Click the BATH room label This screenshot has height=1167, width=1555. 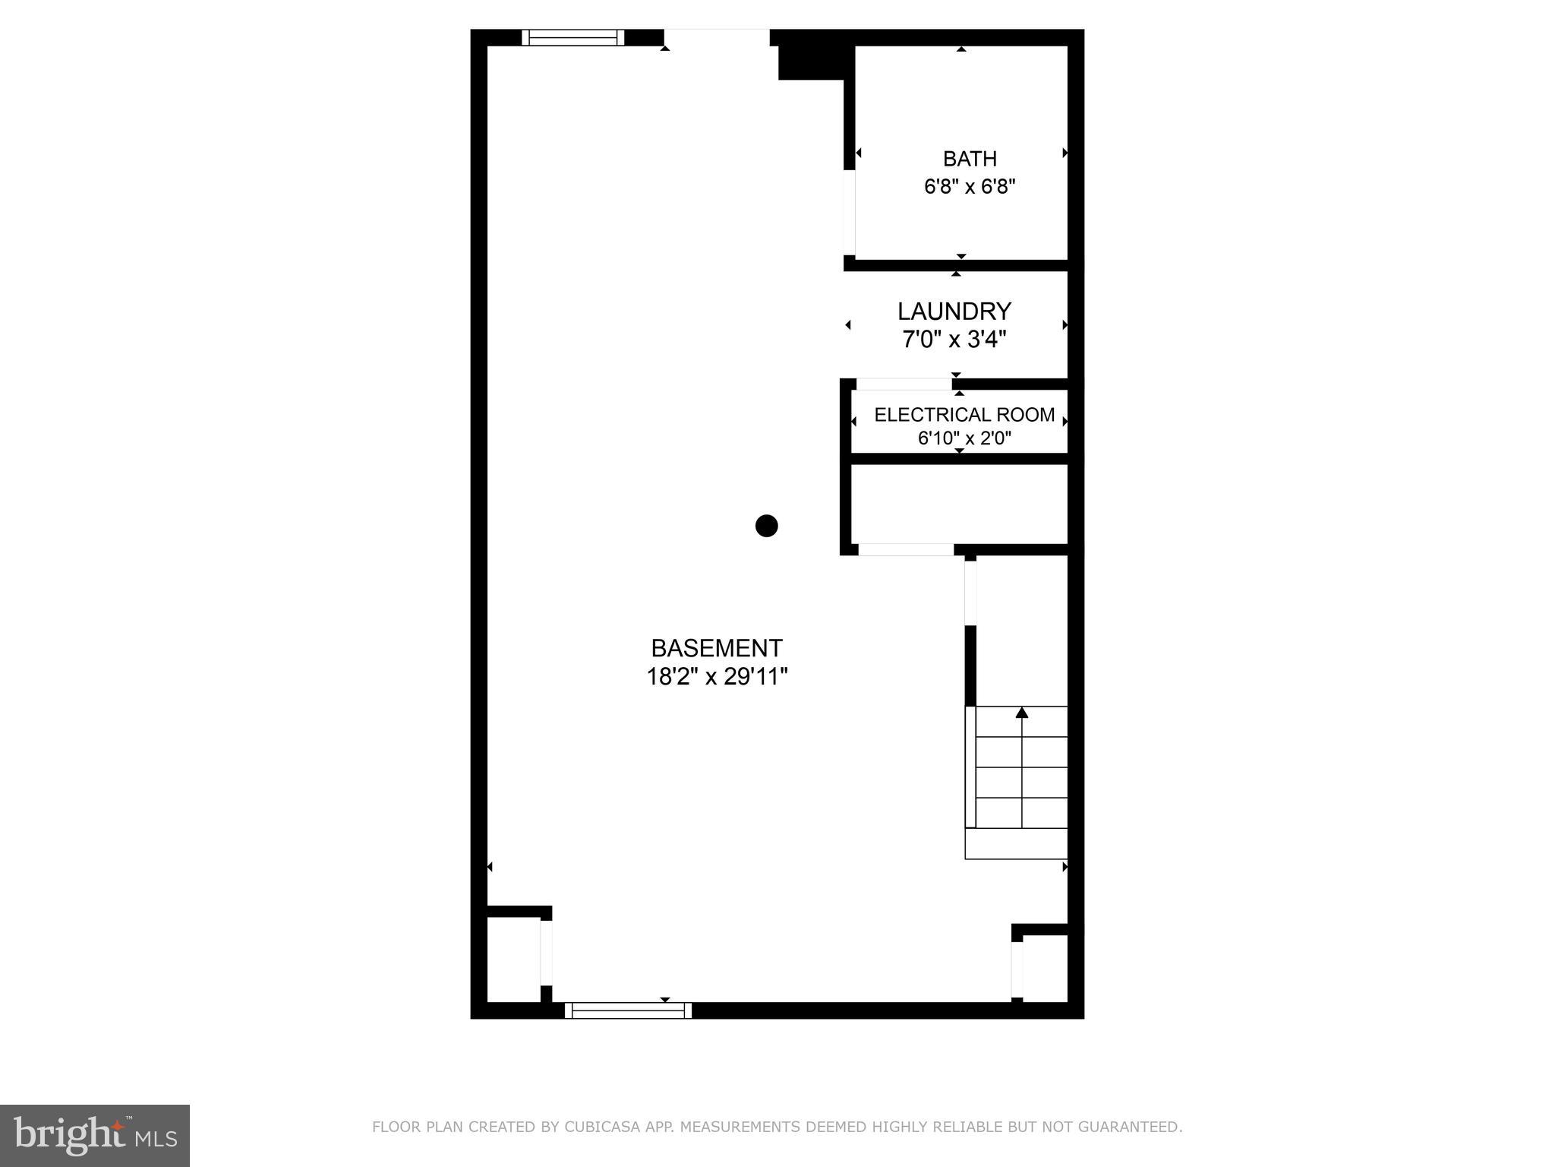(x=970, y=159)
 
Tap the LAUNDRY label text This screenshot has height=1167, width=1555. (x=954, y=312)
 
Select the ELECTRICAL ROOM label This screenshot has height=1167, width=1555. (x=964, y=415)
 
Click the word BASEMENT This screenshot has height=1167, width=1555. (x=717, y=648)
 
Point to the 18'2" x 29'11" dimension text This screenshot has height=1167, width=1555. (x=717, y=676)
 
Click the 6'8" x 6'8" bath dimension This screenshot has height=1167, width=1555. (x=970, y=187)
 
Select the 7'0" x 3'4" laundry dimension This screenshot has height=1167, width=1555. (x=954, y=339)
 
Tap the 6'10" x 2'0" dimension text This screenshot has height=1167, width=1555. (x=964, y=438)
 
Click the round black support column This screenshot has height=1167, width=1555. (x=767, y=526)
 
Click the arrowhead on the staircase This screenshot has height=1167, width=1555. (x=1022, y=713)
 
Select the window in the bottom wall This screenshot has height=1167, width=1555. (x=628, y=1010)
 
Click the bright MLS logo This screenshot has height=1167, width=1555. (x=95, y=1136)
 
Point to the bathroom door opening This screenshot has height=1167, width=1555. (x=850, y=213)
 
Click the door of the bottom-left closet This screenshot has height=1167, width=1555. (x=546, y=953)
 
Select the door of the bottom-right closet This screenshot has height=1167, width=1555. (x=1017, y=969)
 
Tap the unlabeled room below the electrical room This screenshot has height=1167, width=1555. (x=959, y=503)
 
